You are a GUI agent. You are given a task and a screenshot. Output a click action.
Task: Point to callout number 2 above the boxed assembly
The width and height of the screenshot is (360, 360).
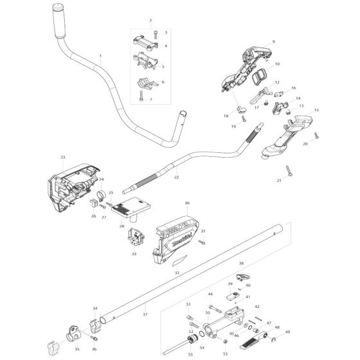[x=150, y=21]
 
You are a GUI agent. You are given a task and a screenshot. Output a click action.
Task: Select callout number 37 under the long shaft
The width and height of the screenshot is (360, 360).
[x=145, y=314]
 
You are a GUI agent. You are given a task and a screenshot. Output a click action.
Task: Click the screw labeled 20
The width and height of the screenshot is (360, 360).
[x=316, y=136]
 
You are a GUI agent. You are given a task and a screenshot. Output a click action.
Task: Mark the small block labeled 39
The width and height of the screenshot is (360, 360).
[x=231, y=296]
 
